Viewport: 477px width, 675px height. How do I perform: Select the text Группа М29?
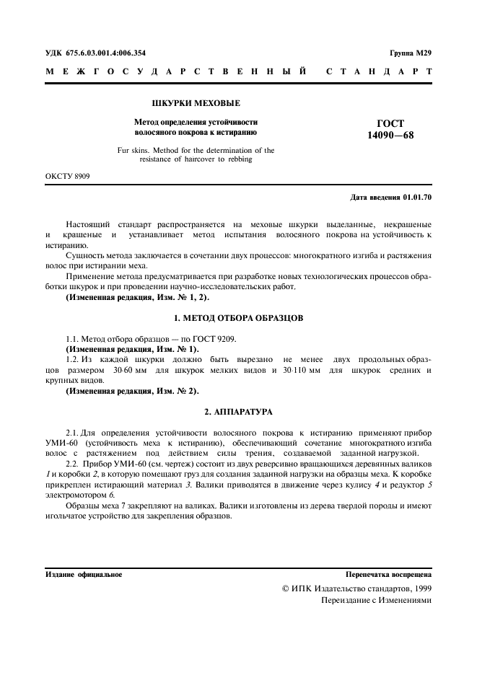click(x=410, y=53)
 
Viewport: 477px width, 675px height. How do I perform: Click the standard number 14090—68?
click(x=390, y=135)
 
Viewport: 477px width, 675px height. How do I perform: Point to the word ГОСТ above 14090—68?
click(x=390, y=123)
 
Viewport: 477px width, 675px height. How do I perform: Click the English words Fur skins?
click(x=133, y=151)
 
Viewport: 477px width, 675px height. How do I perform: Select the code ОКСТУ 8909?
click(x=68, y=176)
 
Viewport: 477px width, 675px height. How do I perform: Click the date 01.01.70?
click(x=418, y=197)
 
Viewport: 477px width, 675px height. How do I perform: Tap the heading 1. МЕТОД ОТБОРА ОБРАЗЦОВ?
click(x=239, y=317)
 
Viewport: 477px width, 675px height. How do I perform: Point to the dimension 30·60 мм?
click(x=130, y=370)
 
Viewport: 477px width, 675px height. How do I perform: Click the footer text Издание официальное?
click(x=84, y=575)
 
